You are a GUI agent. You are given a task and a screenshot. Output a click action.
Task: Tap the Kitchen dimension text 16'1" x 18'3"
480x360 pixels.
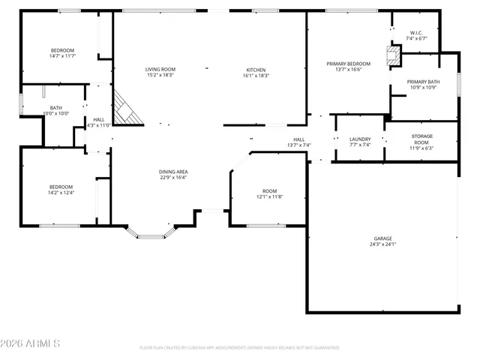pyautogui.click(x=256, y=76)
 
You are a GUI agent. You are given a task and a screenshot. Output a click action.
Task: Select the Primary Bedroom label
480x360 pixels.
pyautogui.click(x=348, y=64)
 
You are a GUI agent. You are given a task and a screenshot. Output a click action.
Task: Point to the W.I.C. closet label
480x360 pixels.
pyautogui.click(x=417, y=33)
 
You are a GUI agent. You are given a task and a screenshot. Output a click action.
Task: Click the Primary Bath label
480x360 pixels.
pyautogui.click(x=423, y=81)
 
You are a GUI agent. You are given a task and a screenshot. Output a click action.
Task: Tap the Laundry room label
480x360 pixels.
pyautogui.click(x=360, y=139)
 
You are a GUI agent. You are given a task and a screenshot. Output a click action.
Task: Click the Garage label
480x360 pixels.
pyautogui.click(x=382, y=238)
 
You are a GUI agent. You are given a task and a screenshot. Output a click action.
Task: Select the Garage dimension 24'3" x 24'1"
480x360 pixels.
pyautogui.click(x=382, y=244)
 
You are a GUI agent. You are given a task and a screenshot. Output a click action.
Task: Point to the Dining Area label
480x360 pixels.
pyautogui.click(x=173, y=172)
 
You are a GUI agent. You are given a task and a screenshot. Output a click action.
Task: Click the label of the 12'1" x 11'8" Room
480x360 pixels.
pyautogui.click(x=269, y=191)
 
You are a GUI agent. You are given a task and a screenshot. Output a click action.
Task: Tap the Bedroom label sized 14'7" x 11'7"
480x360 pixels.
pyautogui.click(x=61, y=50)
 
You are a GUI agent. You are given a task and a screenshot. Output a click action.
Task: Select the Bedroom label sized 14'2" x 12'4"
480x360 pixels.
pyautogui.click(x=61, y=187)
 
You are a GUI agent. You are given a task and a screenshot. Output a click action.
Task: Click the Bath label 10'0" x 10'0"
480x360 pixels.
pyautogui.click(x=56, y=107)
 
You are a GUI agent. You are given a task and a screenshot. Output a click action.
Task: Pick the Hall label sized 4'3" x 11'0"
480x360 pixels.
pyautogui.click(x=98, y=119)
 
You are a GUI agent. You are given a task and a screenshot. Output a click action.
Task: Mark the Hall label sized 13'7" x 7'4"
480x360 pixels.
pyautogui.click(x=298, y=139)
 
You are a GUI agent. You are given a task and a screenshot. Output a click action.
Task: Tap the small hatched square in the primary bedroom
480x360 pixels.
pyautogui.click(x=392, y=53)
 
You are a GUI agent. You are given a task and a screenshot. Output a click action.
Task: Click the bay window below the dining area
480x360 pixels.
pyautogui.click(x=151, y=236)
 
